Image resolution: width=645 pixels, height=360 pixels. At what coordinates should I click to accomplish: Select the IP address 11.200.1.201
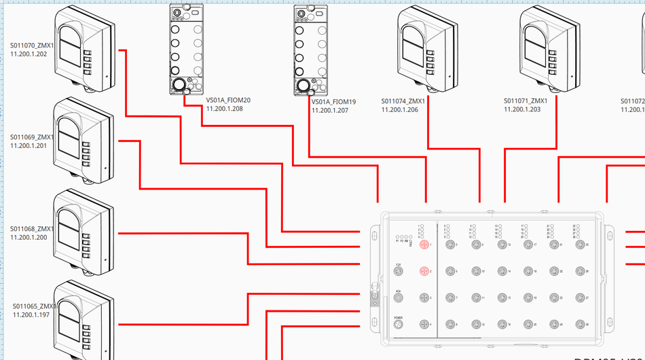tap(29, 145)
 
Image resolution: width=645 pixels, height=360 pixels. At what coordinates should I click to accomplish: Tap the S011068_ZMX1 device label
tap(32, 229)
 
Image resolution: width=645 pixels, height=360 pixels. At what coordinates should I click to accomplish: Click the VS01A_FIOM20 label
tap(228, 100)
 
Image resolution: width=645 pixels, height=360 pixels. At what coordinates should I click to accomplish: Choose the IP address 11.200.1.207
tap(330, 110)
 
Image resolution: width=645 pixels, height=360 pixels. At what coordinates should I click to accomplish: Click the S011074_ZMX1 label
tap(403, 101)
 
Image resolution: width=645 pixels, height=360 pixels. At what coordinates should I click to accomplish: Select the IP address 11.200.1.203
tap(522, 109)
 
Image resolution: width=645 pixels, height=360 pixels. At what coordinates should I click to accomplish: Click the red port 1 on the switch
tap(424, 245)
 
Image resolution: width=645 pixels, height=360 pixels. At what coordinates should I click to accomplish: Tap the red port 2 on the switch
tap(424, 272)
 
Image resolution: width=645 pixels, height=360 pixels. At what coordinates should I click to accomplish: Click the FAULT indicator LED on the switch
tap(411, 236)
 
